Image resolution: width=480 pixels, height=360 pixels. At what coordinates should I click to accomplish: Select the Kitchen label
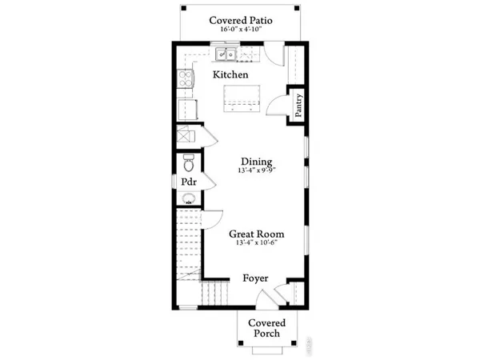(230, 74)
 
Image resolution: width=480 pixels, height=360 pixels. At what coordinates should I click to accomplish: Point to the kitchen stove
(185, 78)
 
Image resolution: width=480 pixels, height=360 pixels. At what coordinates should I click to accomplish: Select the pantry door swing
(275, 106)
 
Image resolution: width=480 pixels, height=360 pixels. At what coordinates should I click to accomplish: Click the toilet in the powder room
(188, 164)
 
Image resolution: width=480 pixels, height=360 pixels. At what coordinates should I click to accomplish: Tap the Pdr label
(189, 182)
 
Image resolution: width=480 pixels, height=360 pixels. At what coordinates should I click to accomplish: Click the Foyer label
(255, 278)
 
